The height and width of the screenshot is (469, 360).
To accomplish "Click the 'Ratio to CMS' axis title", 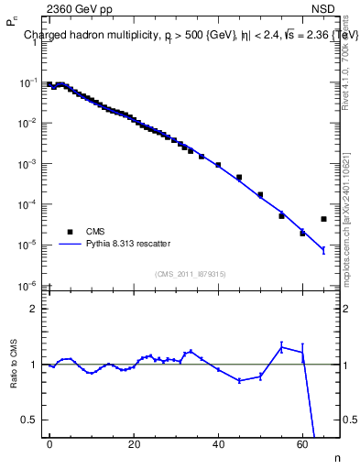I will click(14, 365).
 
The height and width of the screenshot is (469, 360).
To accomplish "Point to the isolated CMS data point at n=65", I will click(323, 219).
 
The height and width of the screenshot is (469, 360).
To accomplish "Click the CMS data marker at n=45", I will click(239, 177).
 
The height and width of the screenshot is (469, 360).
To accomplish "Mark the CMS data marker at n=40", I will click(218, 165).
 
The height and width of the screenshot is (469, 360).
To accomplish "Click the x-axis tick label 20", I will click(134, 443).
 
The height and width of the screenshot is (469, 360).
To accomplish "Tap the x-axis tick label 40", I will click(218, 443).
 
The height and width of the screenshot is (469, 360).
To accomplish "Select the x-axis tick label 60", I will click(302, 443).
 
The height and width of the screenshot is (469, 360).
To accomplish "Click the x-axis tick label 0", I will click(49, 443).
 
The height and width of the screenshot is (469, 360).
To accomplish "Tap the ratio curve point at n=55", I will click(281, 345).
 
